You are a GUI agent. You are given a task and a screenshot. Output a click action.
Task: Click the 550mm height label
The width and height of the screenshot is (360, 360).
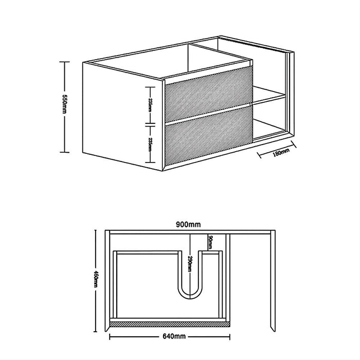coord(64,106)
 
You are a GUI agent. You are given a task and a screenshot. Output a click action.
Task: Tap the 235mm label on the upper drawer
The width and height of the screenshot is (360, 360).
coord(150,102)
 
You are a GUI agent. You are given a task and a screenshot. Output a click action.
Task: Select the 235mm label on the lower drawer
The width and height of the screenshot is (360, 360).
coord(150,142)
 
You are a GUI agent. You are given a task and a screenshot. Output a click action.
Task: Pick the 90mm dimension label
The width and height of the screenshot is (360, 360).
coord(210,240)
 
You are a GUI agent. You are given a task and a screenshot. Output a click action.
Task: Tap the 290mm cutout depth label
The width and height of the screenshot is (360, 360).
coord(190,266)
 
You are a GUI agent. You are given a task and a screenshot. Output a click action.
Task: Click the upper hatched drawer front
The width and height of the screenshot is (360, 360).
coord(208,93)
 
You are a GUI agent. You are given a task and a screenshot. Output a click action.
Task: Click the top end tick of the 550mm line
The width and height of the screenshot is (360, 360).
coord(64,62)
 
